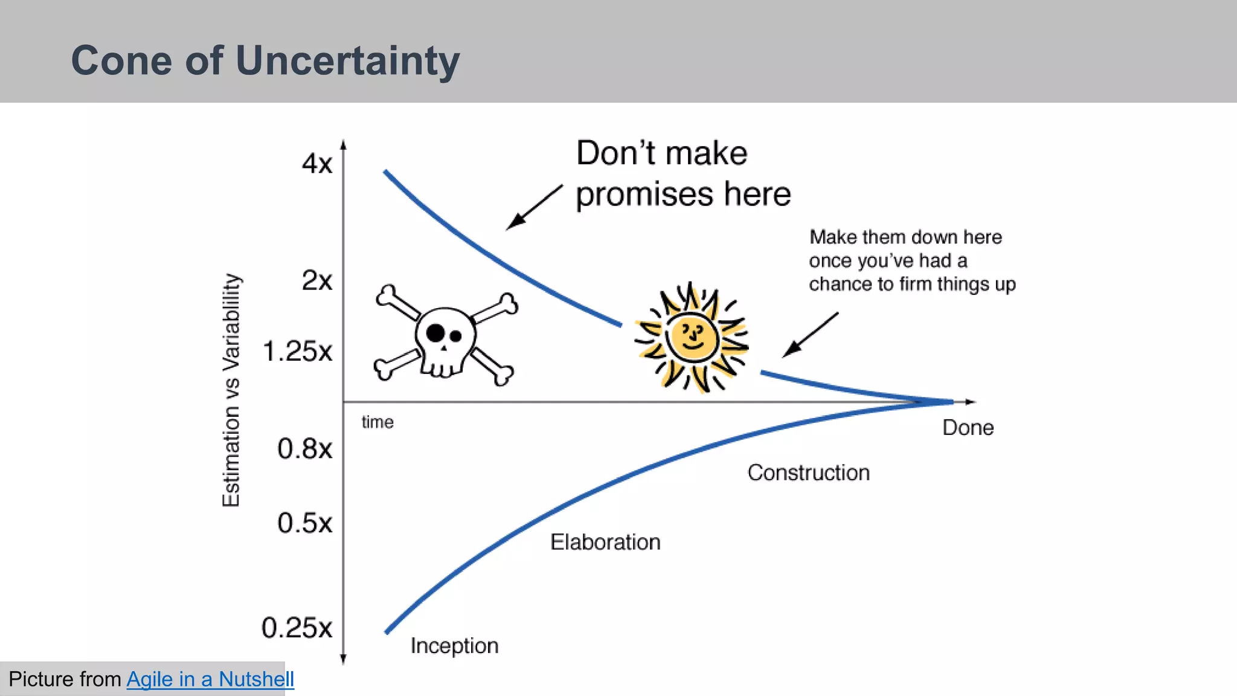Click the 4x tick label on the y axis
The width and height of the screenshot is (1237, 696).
click(x=316, y=164)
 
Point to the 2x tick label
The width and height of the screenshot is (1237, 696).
click(x=316, y=281)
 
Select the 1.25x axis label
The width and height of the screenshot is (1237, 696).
click(x=297, y=352)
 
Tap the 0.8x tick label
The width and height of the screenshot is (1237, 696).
click(x=304, y=449)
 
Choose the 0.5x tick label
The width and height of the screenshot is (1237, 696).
click(x=304, y=523)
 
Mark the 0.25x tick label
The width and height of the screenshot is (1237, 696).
click(x=297, y=628)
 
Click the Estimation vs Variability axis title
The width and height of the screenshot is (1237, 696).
click(x=231, y=390)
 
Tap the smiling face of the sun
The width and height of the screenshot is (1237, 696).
click(x=692, y=337)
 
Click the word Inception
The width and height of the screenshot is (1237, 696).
click(x=454, y=646)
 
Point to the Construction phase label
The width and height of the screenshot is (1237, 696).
click(x=808, y=473)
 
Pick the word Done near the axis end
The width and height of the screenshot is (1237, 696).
click(x=968, y=428)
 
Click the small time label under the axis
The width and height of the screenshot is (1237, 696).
click(x=378, y=422)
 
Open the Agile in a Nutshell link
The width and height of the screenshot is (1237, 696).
click(x=210, y=680)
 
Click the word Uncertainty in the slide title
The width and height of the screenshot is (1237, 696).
click(x=347, y=61)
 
